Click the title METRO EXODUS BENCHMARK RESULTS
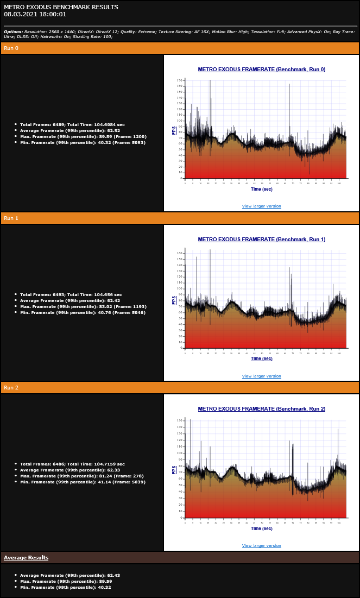click(x=61, y=7)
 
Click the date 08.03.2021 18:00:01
click(x=35, y=14)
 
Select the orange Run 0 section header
click(x=180, y=48)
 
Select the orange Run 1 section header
click(x=180, y=218)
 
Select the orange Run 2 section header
click(x=180, y=387)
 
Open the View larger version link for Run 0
click(x=261, y=206)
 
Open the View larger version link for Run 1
click(x=261, y=376)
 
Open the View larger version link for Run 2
click(x=261, y=545)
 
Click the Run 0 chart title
click(x=261, y=70)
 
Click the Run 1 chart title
click(x=261, y=239)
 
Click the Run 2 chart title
click(x=261, y=408)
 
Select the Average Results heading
click(x=26, y=558)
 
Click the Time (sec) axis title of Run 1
click(x=261, y=358)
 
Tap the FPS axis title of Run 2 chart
click(x=174, y=470)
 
